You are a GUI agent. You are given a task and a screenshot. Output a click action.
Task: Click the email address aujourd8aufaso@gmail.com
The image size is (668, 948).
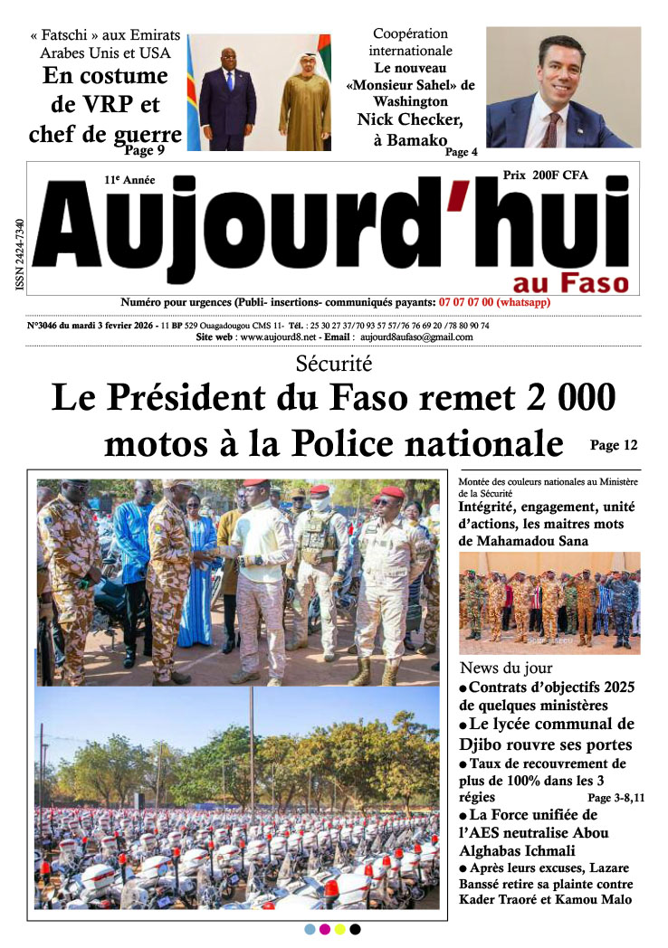[416, 337]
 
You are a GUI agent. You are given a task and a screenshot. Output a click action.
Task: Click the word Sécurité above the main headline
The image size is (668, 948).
[334, 365]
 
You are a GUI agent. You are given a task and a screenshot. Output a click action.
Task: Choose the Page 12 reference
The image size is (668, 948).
[614, 445]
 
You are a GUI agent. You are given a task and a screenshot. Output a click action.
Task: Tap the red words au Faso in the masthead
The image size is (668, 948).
[569, 281]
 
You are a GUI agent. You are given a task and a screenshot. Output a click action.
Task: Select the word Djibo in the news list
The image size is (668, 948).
[484, 744]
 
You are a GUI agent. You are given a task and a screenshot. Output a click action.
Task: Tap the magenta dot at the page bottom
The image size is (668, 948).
[325, 929]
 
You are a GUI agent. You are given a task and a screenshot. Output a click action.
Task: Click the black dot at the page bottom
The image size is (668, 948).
[356, 929]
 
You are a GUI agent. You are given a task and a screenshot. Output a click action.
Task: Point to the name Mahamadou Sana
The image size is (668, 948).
[533, 541]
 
